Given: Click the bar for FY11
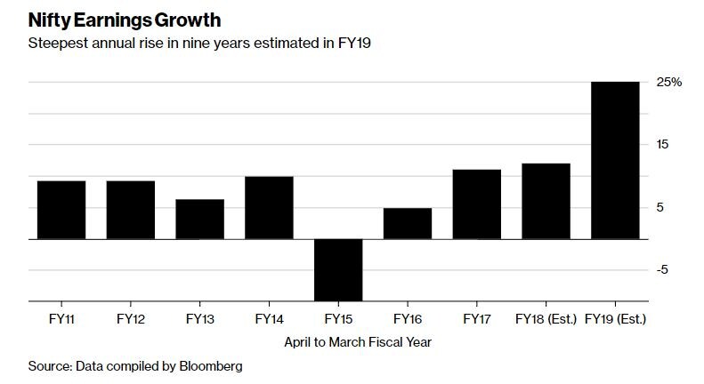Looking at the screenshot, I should pyautogui.click(x=61, y=210).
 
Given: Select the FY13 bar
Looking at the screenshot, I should pyautogui.click(x=199, y=220).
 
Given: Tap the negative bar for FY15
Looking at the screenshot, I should pyautogui.click(x=338, y=270).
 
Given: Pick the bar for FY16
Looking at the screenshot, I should pyautogui.click(x=408, y=224).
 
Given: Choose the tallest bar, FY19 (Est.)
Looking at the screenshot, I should pyautogui.click(x=615, y=160).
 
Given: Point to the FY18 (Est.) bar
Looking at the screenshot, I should pyautogui.click(x=546, y=202).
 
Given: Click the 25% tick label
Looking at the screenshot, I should pyautogui.click(x=669, y=82).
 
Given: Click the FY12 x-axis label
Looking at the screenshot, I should pyautogui.click(x=131, y=317).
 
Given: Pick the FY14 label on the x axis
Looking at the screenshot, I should pyautogui.click(x=269, y=317).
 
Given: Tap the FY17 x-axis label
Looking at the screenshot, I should pyautogui.click(x=477, y=317).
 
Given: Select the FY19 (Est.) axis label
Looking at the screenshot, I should pyautogui.click(x=615, y=317).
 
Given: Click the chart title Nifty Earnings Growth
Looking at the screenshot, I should pyautogui.click(x=124, y=19).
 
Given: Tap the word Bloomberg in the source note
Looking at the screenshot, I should pyautogui.click(x=212, y=365).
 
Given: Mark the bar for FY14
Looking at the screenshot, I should pyautogui.click(x=269, y=208).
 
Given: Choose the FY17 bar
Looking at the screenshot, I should pyautogui.click(x=477, y=204).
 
